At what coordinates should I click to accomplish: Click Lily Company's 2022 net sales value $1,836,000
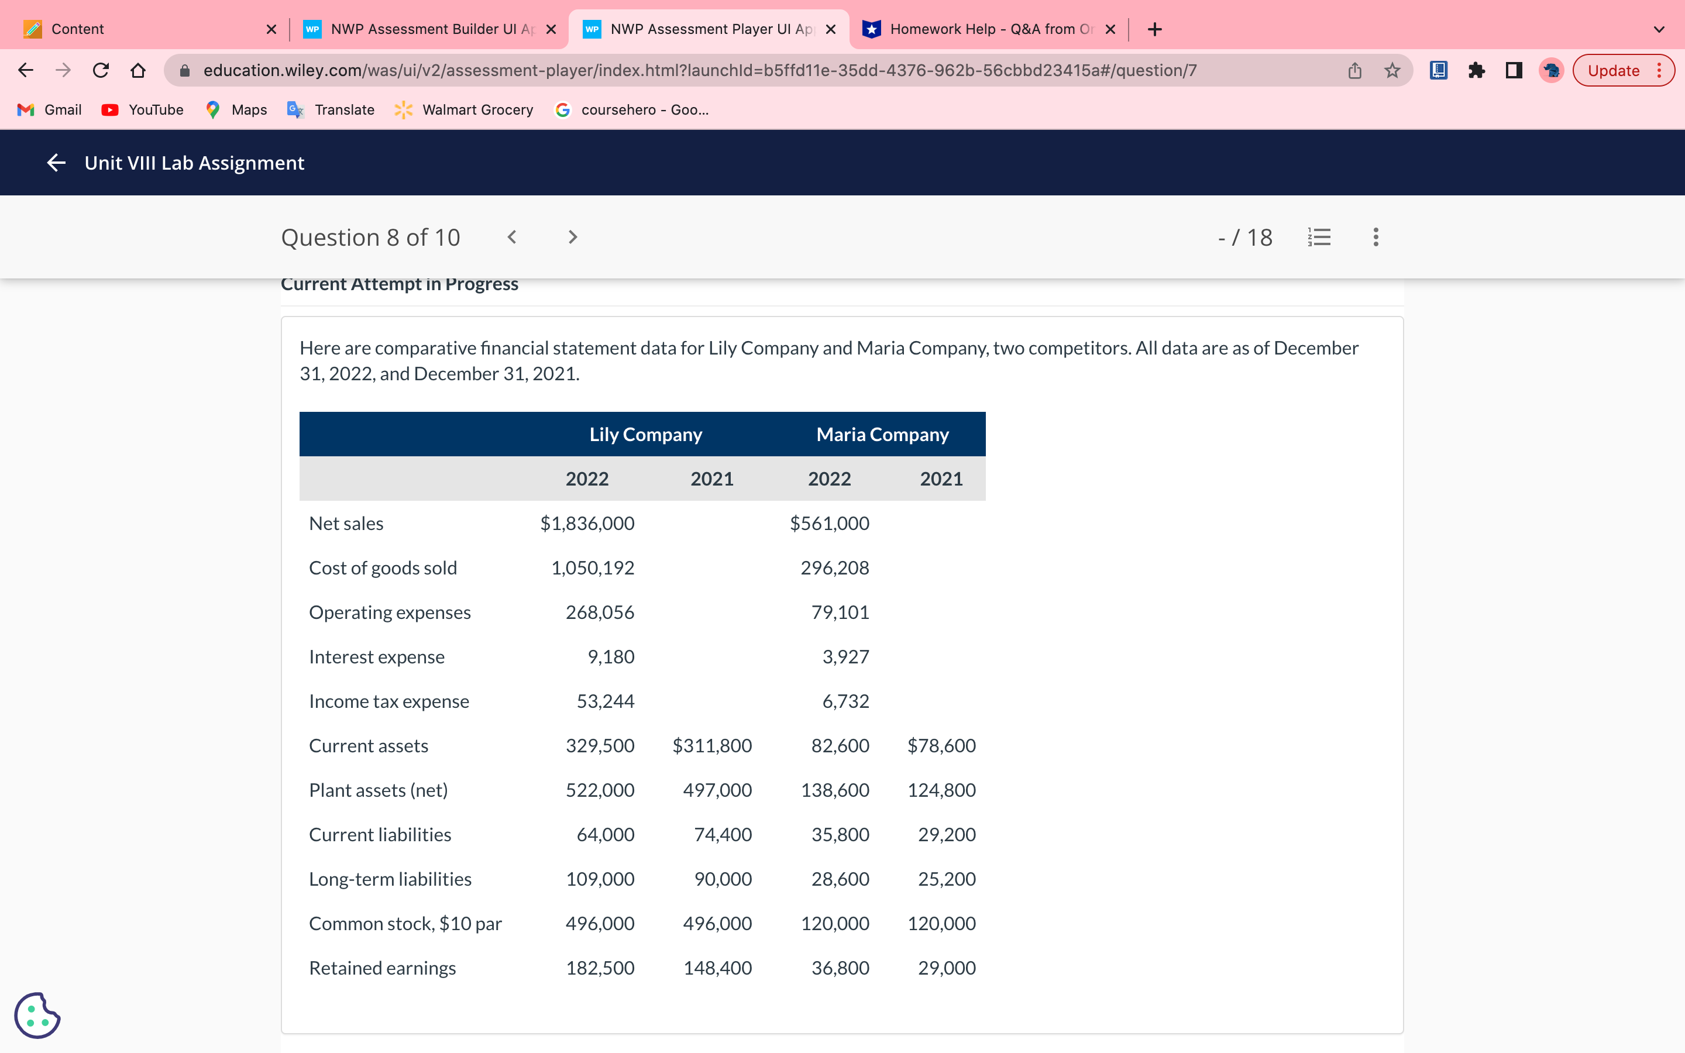pyautogui.click(x=587, y=523)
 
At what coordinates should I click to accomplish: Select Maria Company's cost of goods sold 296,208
pyautogui.click(x=834, y=567)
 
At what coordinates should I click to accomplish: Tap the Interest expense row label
pyautogui.click(x=376, y=657)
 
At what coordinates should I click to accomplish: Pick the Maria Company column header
pyautogui.click(x=882, y=435)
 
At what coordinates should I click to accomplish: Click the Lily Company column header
pyautogui.click(x=645, y=435)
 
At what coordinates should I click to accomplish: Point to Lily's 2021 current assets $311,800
pyautogui.click(x=711, y=745)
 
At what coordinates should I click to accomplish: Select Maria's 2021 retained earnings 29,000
pyautogui.click(x=946, y=968)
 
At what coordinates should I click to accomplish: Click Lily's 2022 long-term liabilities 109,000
pyautogui.click(x=600, y=879)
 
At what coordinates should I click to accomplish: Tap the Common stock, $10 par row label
pyautogui.click(x=405, y=924)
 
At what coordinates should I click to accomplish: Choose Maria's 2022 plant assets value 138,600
pyautogui.click(x=834, y=790)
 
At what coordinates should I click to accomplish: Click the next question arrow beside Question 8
pyautogui.click(x=572, y=238)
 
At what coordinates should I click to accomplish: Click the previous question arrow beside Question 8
pyautogui.click(x=512, y=238)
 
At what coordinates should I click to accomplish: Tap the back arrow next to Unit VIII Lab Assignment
pyautogui.click(x=56, y=163)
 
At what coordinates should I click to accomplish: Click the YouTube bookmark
pyautogui.click(x=143, y=110)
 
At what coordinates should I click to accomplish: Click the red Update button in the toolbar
pyautogui.click(x=1612, y=70)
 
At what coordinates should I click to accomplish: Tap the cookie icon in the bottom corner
pyautogui.click(x=37, y=1015)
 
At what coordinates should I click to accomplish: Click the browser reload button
pyautogui.click(x=101, y=70)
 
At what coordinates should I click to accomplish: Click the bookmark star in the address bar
pyautogui.click(x=1392, y=70)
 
